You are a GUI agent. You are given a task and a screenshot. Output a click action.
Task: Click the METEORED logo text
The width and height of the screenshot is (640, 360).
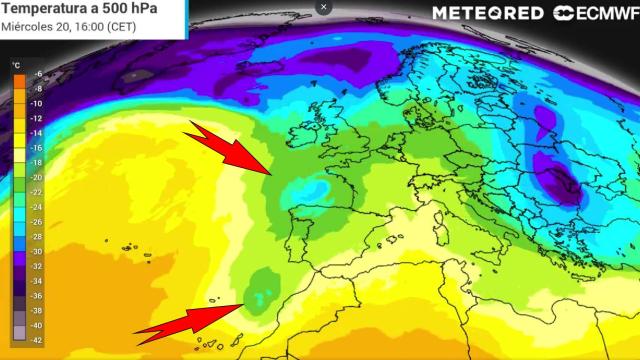(488, 13)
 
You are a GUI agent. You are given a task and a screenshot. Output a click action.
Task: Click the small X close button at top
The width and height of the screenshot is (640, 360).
(323, 7)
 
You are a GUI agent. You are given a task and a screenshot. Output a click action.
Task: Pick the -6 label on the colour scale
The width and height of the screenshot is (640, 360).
(37, 74)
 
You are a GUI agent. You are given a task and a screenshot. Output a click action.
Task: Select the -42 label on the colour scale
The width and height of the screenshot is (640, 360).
(37, 340)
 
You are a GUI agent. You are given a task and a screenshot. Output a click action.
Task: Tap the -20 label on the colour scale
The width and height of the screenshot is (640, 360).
(37, 177)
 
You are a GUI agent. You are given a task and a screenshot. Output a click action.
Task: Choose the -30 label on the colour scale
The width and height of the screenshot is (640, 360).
(37, 251)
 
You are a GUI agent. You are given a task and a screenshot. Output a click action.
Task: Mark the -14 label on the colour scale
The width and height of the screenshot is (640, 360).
(37, 133)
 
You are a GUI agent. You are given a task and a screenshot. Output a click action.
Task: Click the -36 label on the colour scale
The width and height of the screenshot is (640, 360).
(37, 296)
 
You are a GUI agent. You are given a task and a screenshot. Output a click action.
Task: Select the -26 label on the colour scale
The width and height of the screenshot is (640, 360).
(37, 222)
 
